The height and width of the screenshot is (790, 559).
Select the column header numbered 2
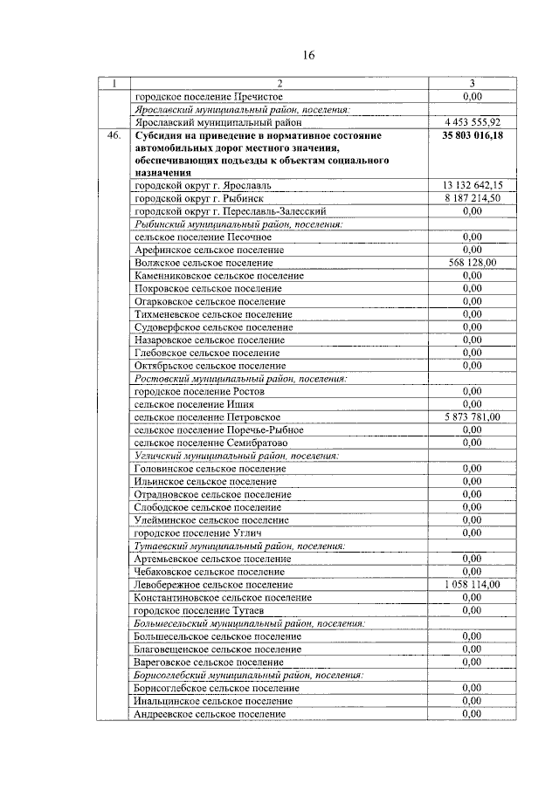(279, 84)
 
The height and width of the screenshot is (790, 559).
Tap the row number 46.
(113, 136)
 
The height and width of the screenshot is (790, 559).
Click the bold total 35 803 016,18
(472, 136)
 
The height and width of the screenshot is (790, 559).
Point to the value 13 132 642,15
(472, 186)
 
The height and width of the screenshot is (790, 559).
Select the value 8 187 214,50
(472, 198)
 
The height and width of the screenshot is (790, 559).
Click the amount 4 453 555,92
(472, 122)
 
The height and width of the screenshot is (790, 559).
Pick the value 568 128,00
(472, 263)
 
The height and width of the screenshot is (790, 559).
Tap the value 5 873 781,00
(472, 417)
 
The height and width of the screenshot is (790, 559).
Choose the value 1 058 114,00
(472, 584)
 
